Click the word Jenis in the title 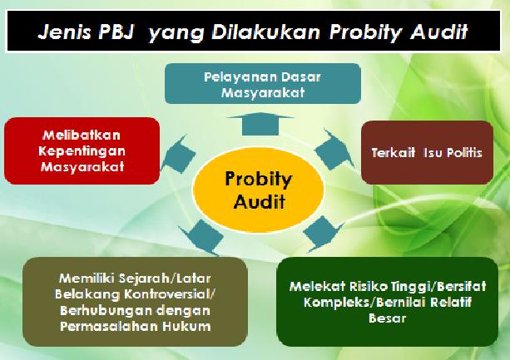coord(65,32)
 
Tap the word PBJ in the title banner coord(116,32)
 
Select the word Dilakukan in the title coord(266,32)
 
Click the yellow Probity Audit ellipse coord(259,190)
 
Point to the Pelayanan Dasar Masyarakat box coord(263,83)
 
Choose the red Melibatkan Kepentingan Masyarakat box coord(82,150)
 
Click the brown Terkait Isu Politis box coord(427,152)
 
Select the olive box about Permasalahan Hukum coord(135,302)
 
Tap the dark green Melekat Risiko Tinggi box coord(387,302)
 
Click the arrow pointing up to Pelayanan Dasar coord(260,124)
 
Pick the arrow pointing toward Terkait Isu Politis coord(334,149)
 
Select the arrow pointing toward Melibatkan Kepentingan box coord(178,154)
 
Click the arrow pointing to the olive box coord(201,237)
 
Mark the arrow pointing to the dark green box coord(322,234)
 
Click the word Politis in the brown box coord(464,152)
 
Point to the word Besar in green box coord(387,318)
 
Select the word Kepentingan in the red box coord(82,150)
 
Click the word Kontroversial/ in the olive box coord(170,294)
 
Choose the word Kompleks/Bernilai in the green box coord(364,302)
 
